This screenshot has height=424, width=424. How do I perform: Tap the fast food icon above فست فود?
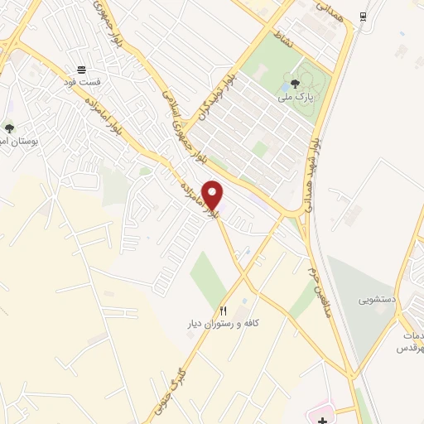coord(81,70)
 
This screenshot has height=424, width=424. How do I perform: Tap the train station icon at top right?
coord(363,17)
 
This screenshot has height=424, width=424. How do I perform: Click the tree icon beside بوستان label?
coord(9,128)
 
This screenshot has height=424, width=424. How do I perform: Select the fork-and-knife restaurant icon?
coord(223,310)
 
